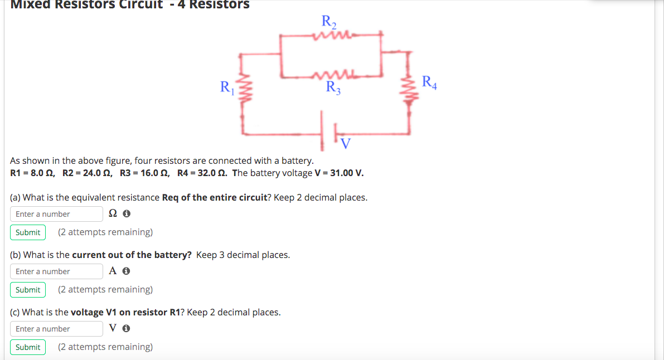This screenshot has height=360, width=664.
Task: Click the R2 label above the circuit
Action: coord(329,22)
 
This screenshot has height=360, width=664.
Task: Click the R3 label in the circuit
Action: coord(333,87)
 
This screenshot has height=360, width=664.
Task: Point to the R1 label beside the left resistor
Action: coord(227,87)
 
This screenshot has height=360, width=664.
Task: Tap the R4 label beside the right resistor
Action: coord(429,82)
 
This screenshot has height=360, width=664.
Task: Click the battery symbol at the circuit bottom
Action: coord(328,132)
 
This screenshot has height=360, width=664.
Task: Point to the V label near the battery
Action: coord(346,144)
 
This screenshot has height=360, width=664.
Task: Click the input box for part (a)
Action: coord(56,214)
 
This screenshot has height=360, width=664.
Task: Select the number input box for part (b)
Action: coord(56,271)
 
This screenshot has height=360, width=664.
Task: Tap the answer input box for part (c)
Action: coord(56,329)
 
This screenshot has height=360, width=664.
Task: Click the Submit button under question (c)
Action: coord(28,347)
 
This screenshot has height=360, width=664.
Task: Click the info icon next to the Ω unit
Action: coord(127,214)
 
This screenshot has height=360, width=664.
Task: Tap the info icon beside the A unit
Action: coord(127,271)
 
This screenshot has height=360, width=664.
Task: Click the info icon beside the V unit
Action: coord(127,329)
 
